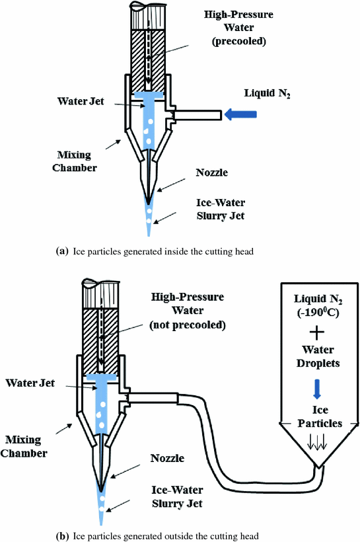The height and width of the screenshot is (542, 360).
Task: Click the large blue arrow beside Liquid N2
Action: click(239, 115)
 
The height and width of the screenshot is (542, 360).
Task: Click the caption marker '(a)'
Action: click(63, 252)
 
